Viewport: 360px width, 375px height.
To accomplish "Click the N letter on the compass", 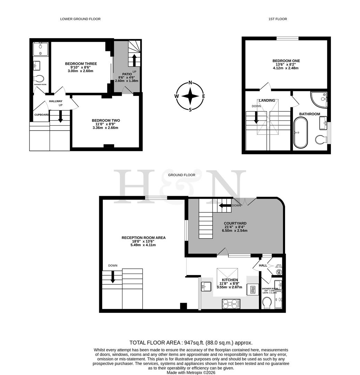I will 190,83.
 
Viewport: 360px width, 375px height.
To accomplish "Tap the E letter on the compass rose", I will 203,96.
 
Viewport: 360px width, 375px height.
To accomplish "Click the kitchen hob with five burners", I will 229,303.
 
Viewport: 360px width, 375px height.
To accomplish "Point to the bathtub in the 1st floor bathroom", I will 300,133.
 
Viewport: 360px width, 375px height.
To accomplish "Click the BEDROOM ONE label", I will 286,61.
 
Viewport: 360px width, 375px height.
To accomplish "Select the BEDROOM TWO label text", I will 106,120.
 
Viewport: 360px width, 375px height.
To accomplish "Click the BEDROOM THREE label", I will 81,64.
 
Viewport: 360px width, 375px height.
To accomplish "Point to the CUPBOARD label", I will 41,115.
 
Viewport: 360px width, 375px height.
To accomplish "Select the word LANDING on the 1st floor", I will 267,101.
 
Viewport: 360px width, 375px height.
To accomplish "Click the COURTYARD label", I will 235,223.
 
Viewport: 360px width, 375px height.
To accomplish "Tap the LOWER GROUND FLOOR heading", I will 80,19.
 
